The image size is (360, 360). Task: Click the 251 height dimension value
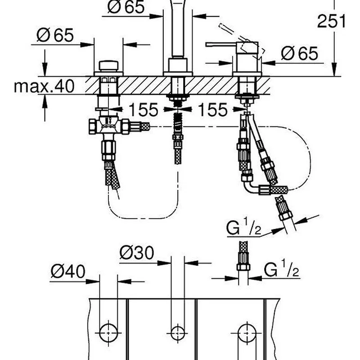[x=331, y=21]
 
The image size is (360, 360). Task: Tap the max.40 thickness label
[x=44, y=86]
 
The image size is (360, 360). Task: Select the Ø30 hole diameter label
[x=137, y=253]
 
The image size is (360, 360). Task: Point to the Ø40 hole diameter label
[x=68, y=271]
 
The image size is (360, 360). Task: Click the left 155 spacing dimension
[x=144, y=110]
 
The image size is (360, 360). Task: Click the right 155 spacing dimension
[x=213, y=110]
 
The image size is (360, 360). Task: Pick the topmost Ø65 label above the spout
[x=126, y=7]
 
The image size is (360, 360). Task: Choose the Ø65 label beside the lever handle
[x=300, y=54]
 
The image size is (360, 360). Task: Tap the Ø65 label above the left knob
[x=55, y=35]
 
